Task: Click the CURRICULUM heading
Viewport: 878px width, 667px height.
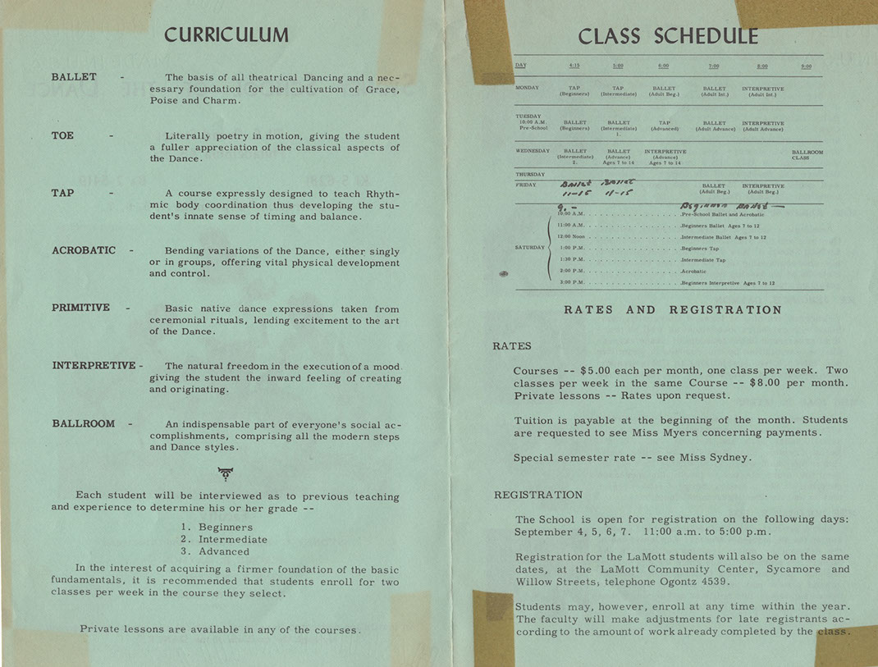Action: point(226,34)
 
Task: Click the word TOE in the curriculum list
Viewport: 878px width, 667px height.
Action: point(62,135)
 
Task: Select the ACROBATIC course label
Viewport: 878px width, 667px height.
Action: point(84,250)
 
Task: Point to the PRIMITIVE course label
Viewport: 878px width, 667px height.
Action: point(80,308)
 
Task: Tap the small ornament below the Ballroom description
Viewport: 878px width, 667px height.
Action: point(225,473)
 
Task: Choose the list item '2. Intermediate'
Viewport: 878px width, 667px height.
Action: point(224,540)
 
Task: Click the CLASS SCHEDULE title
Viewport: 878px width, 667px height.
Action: point(668,37)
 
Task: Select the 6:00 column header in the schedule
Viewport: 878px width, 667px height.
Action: point(663,66)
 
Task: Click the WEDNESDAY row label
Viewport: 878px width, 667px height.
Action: point(533,152)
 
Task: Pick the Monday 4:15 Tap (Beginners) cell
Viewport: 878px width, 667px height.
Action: point(574,91)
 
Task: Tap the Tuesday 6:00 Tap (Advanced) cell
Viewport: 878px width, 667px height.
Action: point(664,126)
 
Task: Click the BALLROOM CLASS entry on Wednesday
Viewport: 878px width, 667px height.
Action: point(807,155)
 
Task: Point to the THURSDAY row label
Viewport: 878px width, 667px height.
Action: point(529,175)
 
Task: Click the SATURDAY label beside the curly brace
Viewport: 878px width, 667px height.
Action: point(530,247)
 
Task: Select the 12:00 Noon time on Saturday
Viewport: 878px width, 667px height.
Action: point(572,236)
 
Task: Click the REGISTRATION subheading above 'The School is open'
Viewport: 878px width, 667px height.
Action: point(537,495)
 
